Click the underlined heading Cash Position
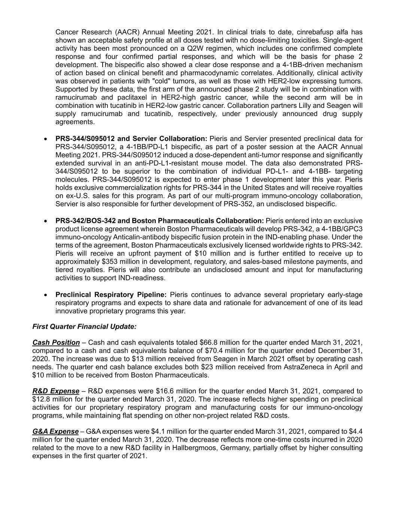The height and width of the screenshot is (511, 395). pyautogui.click(x=56, y=343)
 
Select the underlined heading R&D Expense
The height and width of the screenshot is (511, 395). pyautogui.click(x=56, y=391)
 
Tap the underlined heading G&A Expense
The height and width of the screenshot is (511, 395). pyautogui.click(x=55, y=432)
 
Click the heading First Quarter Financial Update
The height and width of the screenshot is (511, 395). pyautogui.click(x=84, y=326)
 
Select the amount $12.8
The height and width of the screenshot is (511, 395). pyautogui.click(x=41, y=399)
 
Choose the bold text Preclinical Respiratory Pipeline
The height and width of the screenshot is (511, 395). pyautogui.click(x=111, y=295)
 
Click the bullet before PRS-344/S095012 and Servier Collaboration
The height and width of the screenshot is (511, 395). pyautogui.click(x=45, y=139)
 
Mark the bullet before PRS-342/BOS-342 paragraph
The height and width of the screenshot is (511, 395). pyautogui.click(x=45, y=221)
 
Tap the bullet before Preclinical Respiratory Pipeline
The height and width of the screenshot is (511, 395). pyautogui.click(x=45, y=295)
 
